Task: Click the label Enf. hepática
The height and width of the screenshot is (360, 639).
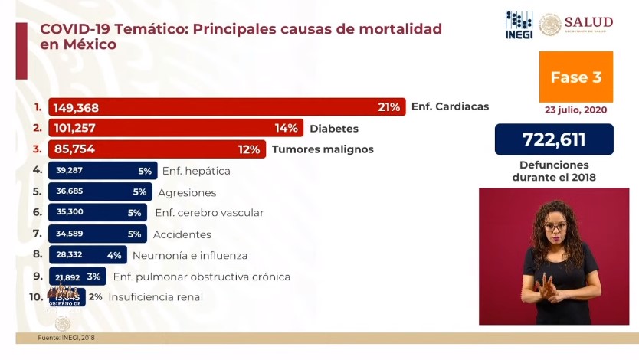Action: pos(196,171)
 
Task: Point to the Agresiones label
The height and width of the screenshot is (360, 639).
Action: pos(187,192)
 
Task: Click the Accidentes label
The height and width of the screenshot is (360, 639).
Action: pos(182,234)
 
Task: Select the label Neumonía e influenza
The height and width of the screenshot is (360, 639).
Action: pos(190,255)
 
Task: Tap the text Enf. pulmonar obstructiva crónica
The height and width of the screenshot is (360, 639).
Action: pos(202,277)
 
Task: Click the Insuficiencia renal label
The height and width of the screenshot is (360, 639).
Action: pos(156,296)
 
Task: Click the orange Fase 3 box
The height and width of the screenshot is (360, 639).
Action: pos(575,77)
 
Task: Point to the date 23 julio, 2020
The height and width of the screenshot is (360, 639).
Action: pos(576,110)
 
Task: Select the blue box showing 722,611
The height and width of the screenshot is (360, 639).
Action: pos(554,139)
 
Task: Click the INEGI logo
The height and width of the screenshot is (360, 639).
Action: pos(519,25)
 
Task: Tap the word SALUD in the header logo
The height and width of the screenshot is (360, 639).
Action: pos(588,21)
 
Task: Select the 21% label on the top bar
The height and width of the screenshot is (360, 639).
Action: pos(389,107)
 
